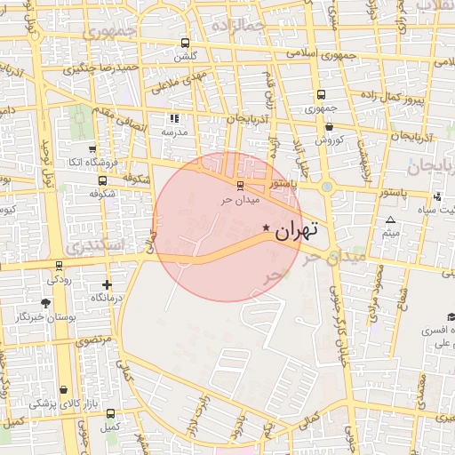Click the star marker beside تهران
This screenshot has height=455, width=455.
(266, 229)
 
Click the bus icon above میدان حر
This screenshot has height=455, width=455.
(238, 186)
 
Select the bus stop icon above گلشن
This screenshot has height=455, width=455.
(185, 43)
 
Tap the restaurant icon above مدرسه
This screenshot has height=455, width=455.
(174, 117)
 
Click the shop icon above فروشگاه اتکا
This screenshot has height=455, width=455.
(92, 149)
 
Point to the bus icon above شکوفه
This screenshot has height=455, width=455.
(94, 192)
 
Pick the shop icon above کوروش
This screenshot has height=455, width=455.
(329, 127)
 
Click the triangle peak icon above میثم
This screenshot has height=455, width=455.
(389, 219)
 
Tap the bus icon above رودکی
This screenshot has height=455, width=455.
(60, 265)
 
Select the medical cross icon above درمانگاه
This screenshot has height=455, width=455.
(108, 284)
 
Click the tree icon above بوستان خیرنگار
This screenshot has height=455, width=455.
(46, 302)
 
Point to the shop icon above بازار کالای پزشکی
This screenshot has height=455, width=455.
(63, 389)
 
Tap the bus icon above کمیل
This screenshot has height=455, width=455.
(109, 413)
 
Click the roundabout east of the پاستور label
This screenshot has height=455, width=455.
(327, 188)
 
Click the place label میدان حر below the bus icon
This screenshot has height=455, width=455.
(238, 199)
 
